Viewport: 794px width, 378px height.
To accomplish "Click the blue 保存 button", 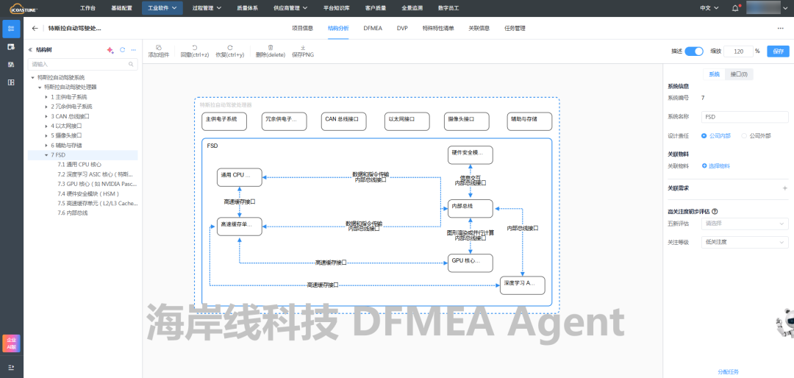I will coord(778,51).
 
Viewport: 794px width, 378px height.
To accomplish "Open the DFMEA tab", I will coord(372,28).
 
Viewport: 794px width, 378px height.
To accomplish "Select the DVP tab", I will coord(402,28).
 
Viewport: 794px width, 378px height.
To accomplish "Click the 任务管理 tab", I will coord(515,28).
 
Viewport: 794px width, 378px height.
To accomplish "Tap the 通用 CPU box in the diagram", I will coord(240,175).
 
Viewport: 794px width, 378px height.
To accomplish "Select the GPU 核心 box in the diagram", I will coord(470,261).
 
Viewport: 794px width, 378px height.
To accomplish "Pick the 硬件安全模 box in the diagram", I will coord(470,154).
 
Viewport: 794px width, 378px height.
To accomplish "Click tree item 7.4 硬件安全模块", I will coord(88,193).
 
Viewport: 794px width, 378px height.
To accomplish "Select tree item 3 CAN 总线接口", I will coord(71,116).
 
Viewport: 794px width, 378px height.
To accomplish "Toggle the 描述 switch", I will coord(694,51).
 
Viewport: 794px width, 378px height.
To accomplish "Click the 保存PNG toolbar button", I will coord(303,51).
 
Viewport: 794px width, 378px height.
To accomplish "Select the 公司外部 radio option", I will coord(744,136).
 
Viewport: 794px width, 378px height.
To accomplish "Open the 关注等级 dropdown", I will coord(745,242).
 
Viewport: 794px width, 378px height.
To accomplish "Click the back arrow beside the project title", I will coord(35,29).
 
